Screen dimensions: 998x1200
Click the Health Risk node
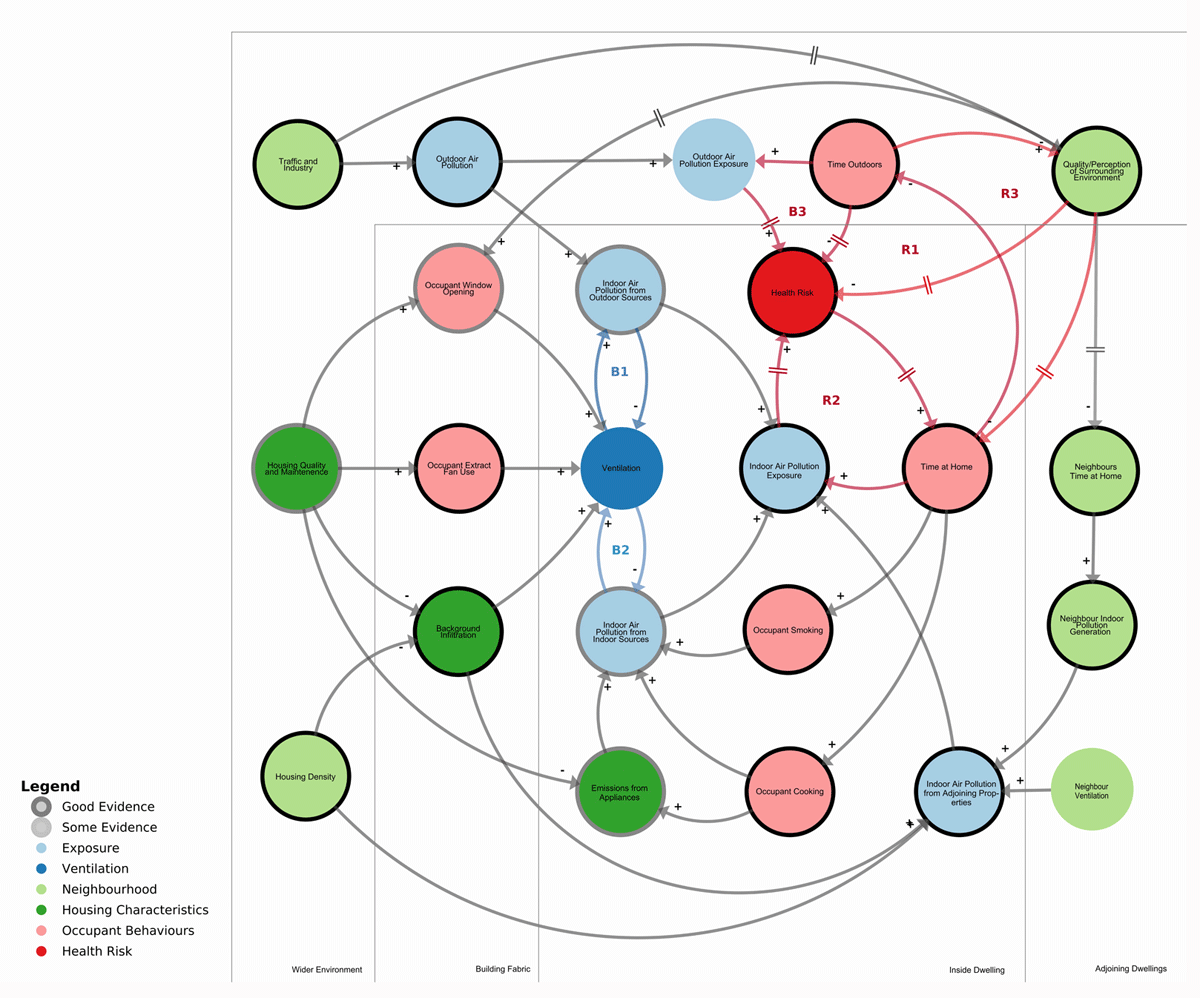point(791,292)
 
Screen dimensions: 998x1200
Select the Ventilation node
point(621,468)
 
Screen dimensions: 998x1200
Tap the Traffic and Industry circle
point(298,164)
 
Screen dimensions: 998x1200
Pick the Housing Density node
point(305,776)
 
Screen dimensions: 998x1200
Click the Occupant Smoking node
point(786,630)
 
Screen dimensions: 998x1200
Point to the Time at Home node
point(946,467)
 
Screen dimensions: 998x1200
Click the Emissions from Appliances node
point(620,791)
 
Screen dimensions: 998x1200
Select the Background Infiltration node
point(457,631)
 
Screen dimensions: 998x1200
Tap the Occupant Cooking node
point(789,791)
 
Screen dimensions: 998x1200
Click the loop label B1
point(620,372)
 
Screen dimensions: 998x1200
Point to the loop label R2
point(831,400)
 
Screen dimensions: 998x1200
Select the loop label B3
point(797,212)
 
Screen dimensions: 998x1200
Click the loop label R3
point(1010,193)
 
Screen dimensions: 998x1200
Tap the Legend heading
point(50,787)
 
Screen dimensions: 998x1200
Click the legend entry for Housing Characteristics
point(135,910)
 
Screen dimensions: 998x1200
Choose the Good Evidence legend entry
point(108,806)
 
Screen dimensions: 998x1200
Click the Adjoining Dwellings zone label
point(1130,968)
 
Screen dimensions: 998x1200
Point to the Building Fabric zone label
point(502,969)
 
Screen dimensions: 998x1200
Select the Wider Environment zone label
point(327,970)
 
